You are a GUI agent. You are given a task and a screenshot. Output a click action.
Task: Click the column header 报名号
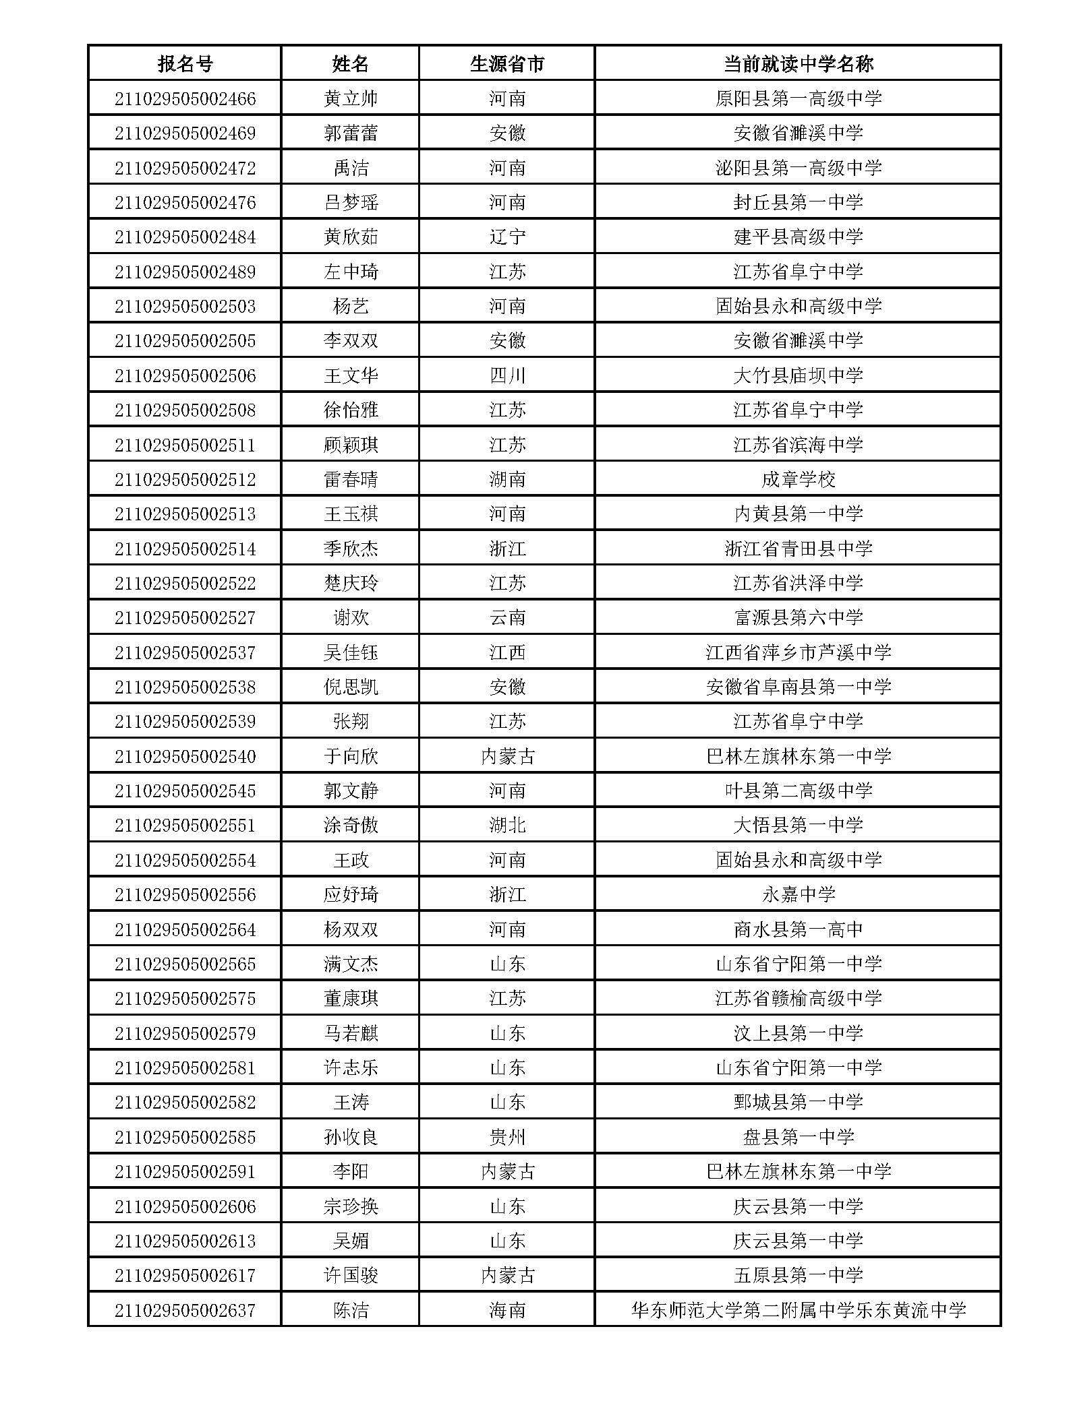tap(185, 64)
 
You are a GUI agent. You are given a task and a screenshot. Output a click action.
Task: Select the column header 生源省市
tap(506, 64)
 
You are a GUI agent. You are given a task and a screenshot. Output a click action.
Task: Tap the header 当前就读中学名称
tap(798, 64)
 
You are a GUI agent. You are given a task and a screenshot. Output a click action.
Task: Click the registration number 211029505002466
tap(185, 99)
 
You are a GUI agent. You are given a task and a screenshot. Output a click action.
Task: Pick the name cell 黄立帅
tap(351, 99)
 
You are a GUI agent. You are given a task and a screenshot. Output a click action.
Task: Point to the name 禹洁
tap(351, 168)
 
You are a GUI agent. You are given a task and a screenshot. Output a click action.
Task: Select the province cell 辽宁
tap(506, 237)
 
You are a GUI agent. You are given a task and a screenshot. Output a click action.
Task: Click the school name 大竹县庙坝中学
tap(798, 375)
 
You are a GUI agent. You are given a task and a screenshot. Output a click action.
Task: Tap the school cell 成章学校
tap(798, 479)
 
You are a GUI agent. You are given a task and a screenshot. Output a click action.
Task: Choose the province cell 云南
tap(506, 617)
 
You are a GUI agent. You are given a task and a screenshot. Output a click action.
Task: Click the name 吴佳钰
tap(351, 652)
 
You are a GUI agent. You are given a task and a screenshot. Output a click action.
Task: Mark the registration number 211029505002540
tap(185, 756)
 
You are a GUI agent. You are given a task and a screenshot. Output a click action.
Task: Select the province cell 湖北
tap(506, 825)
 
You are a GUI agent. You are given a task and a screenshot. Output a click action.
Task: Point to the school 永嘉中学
tap(798, 894)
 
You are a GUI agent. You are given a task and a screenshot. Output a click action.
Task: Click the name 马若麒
tap(351, 1032)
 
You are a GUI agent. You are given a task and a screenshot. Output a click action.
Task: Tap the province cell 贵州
tap(506, 1137)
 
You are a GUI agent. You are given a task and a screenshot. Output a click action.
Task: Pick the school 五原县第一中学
tap(798, 1275)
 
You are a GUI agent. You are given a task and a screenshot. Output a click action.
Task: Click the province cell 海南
tap(506, 1310)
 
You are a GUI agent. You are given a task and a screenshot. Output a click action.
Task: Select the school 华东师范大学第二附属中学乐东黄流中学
tap(798, 1310)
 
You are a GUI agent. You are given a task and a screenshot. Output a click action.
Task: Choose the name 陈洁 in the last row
tap(351, 1310)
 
